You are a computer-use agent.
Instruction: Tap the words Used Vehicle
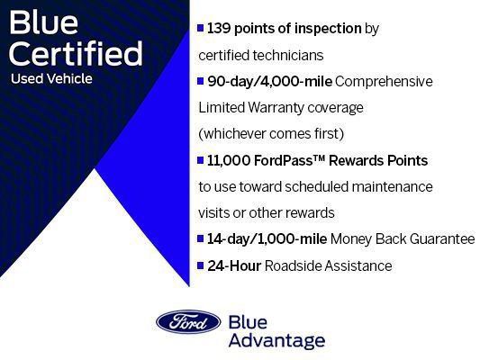51,78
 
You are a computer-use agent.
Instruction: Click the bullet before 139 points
201,29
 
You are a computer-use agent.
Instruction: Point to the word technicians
287,54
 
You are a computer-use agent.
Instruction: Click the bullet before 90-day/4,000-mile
201,81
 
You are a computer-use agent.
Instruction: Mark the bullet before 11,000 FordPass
201,160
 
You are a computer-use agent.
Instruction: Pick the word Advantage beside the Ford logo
276,341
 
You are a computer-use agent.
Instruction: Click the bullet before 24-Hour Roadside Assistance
201,265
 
